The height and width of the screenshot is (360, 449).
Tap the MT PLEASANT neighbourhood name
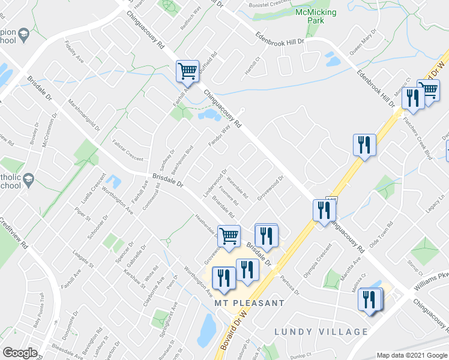pos(249,303)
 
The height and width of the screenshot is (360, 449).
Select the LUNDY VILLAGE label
pos(321,332)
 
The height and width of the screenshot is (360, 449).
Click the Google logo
pos(20,353)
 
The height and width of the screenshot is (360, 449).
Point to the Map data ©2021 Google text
pos(412,355)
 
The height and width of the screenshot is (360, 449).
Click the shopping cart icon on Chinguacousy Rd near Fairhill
pos(187,72)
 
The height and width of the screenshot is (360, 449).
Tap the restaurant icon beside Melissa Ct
pos(370,300)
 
